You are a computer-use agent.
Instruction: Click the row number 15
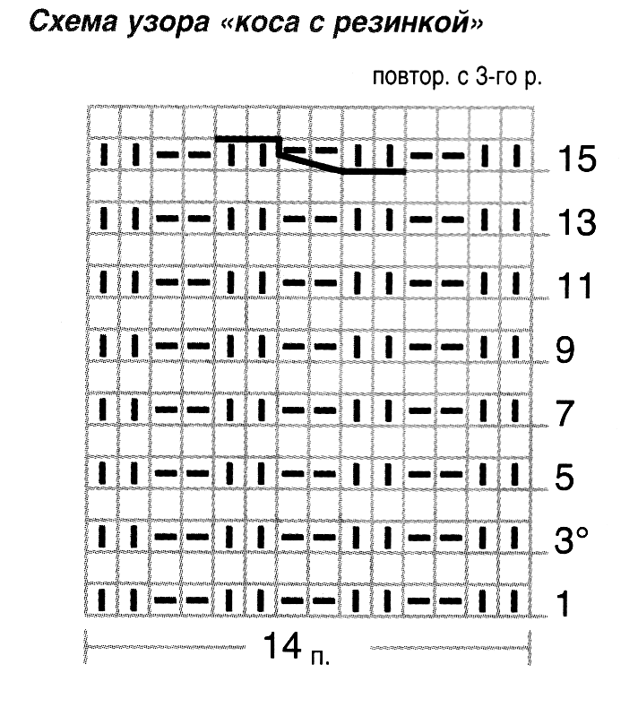click(x=577, y=159)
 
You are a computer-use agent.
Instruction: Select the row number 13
click(x=577, y=222)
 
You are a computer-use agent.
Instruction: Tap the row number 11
click(x=574, y=286)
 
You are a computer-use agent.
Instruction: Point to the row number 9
click(x=565, y=349)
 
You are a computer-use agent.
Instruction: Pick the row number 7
click(x=565, y=413)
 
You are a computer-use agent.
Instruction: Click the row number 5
click(x=565, y=477)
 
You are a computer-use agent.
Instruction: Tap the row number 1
click(x=565, y=603)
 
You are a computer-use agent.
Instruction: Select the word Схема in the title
click(x=73, y=22)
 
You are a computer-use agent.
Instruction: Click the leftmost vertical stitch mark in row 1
click(x=102, y=600)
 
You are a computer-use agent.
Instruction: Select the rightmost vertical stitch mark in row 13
click(x=516, y=220)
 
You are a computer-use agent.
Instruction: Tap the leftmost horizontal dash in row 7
click(x=167, y=410)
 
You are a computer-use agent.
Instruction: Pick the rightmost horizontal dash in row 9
click(x=452, y=346)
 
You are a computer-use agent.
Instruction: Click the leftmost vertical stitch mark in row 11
click(x=103, y=282)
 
